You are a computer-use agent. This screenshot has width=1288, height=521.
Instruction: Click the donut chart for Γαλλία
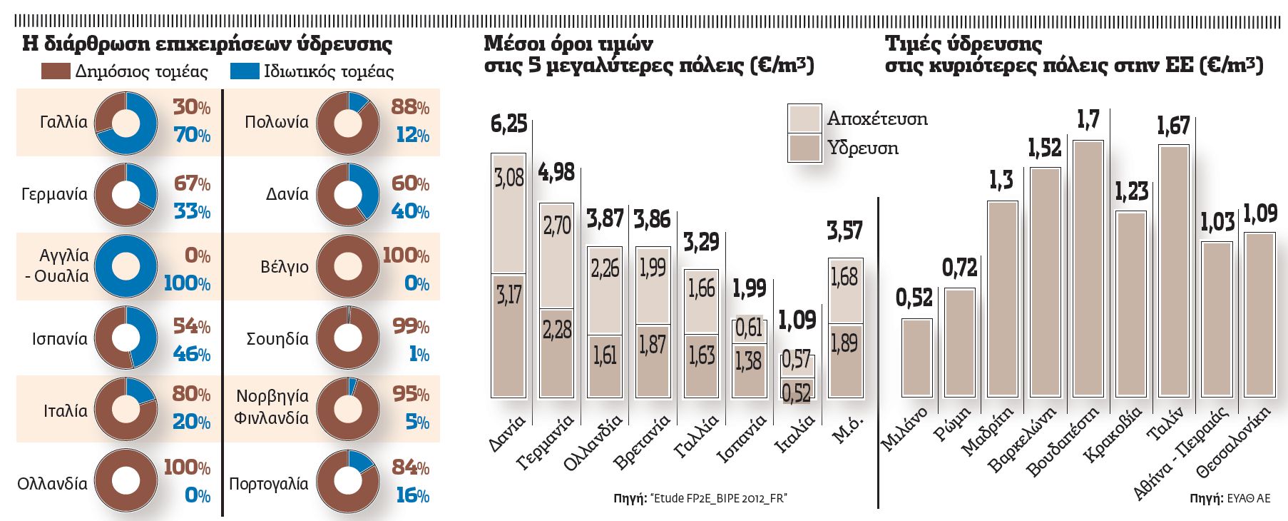click(126, 122)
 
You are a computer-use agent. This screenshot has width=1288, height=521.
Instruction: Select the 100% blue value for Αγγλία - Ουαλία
click(187, 283)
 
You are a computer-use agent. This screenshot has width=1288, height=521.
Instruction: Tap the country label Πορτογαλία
click(269, 484)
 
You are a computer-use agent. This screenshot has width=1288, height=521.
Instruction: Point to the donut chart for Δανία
click(348, 195)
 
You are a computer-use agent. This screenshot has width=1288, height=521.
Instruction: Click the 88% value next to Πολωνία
click(409, 107)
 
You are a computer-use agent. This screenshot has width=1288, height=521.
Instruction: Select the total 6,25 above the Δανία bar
click(508, 124)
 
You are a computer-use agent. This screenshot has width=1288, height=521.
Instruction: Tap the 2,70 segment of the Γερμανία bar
click(557, 226)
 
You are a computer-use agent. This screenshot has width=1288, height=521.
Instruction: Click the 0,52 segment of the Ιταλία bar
click(796, 393)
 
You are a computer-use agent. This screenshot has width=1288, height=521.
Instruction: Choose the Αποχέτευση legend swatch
click(804, 118)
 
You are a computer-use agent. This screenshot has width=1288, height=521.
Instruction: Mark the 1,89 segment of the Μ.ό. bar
click(844, 344)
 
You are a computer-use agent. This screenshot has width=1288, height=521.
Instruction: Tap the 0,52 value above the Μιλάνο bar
click(914, 298)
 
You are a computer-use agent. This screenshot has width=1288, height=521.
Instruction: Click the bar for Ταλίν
click(1173, 270)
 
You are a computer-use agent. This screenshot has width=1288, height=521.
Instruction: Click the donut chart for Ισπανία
click(126, 338)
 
